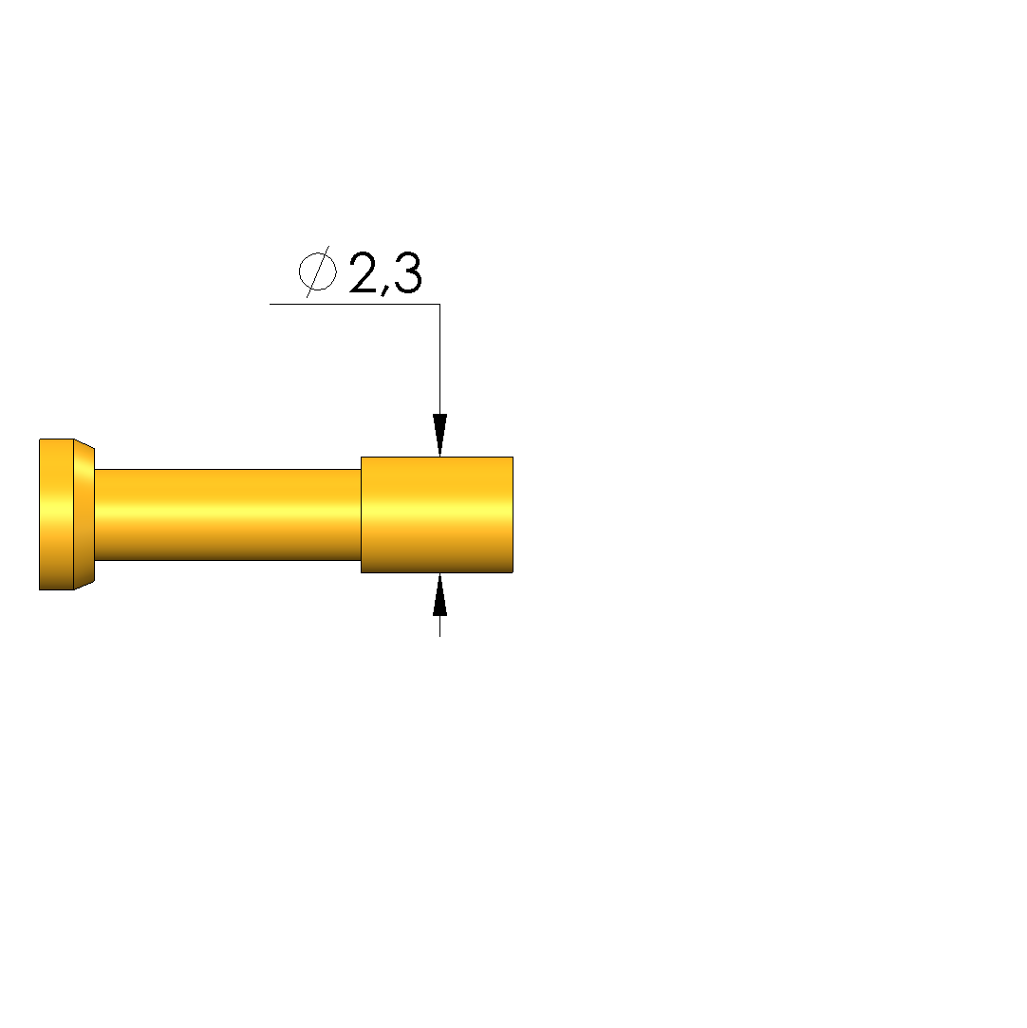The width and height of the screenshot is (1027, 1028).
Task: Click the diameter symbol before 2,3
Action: coord(318,271)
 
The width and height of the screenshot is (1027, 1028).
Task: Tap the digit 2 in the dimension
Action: coord(364,272)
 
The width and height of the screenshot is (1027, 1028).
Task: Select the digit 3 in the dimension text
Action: coord(407,272)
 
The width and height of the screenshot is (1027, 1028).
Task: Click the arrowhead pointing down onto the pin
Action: coord(439,435)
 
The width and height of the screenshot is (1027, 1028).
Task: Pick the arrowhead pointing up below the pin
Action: coord(439,594)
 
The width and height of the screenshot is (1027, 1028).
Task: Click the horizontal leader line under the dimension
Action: coord(355,304)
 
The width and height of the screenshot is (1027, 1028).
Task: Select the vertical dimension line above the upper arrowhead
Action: coord(439,359)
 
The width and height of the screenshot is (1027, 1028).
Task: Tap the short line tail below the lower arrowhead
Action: coord(439,626)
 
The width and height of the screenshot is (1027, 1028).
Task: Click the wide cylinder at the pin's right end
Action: coord(438,514)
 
